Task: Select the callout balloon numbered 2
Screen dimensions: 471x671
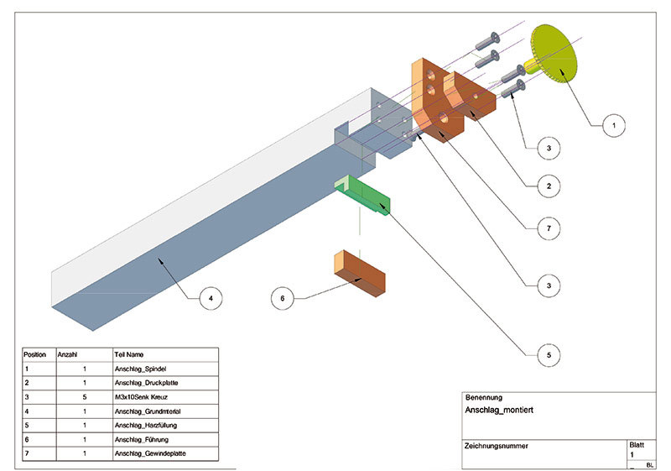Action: [548, 186]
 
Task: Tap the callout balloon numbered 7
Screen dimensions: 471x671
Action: [548, 228]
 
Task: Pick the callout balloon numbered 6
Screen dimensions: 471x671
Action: [283, 297]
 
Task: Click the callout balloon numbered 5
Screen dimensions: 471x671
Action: [548, 356]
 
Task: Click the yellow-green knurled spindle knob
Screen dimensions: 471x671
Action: [555, 52]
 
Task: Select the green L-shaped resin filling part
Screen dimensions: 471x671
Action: [366, 196]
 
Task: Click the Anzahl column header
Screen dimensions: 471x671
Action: [67, 354]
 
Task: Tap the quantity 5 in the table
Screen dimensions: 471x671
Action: [85, 397]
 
